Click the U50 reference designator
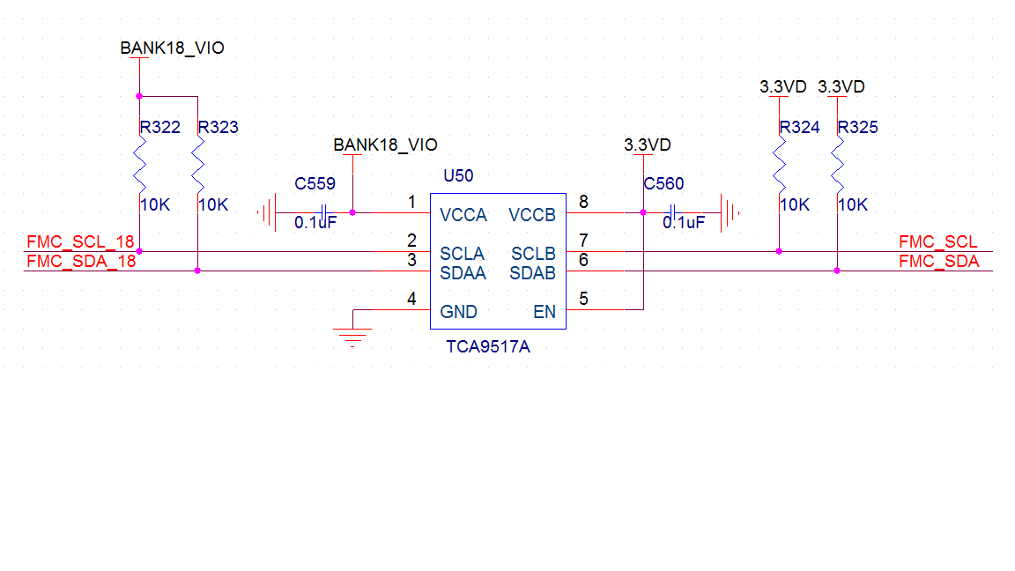click(x=458, y=175)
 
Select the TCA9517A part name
click(x=488, y=347)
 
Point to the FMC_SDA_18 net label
click(x=81, y=261)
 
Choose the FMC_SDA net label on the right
click(x=938, y=261)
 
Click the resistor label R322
click(x=159, y=128)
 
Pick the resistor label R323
click(x=219, y=128)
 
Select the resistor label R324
click(x=799, y=128)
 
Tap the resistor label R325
click(x=857, y=128)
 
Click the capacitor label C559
click(x=315, y=184)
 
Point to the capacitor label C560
click(x=663, y=184)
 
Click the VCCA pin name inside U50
click(x=463, y=215)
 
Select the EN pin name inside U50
click(x=545, y=312)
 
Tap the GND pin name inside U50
click(x=458, y=312)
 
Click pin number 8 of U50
click(x=583, y=203)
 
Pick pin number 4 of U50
click(x=411, y=299)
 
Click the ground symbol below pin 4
click(x=352, y=334)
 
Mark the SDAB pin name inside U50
click(x=532, y=273)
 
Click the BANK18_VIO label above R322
click(x=172, y=48)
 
